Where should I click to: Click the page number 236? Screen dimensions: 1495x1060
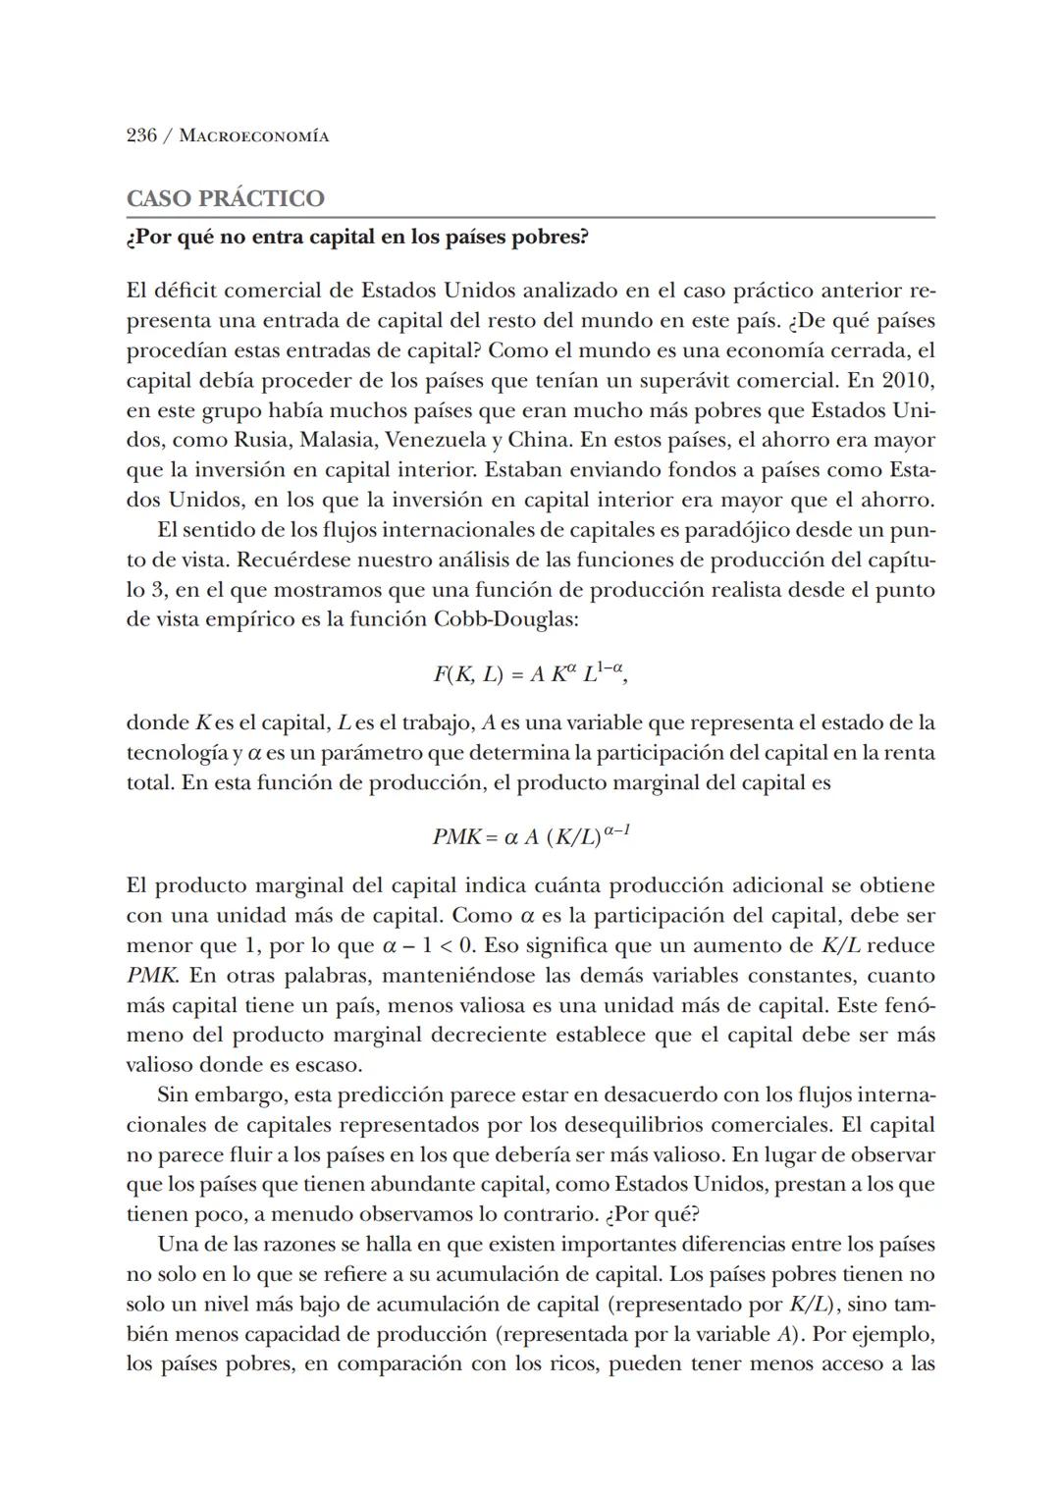pyautogui.click(x=141, y=135)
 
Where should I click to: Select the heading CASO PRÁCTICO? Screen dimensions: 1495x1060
pyautogui.click(x=226, y=198)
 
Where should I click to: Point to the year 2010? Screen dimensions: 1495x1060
pyautogui.click(x=908, y=380)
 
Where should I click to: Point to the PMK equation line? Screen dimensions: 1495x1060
pyautogui.click(x=530, y=836)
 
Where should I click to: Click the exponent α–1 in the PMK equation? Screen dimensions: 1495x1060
pyautogui.click(x=617, y=830)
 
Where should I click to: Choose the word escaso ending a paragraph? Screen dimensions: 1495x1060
pyautogui.click(x=329, y=1065)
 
